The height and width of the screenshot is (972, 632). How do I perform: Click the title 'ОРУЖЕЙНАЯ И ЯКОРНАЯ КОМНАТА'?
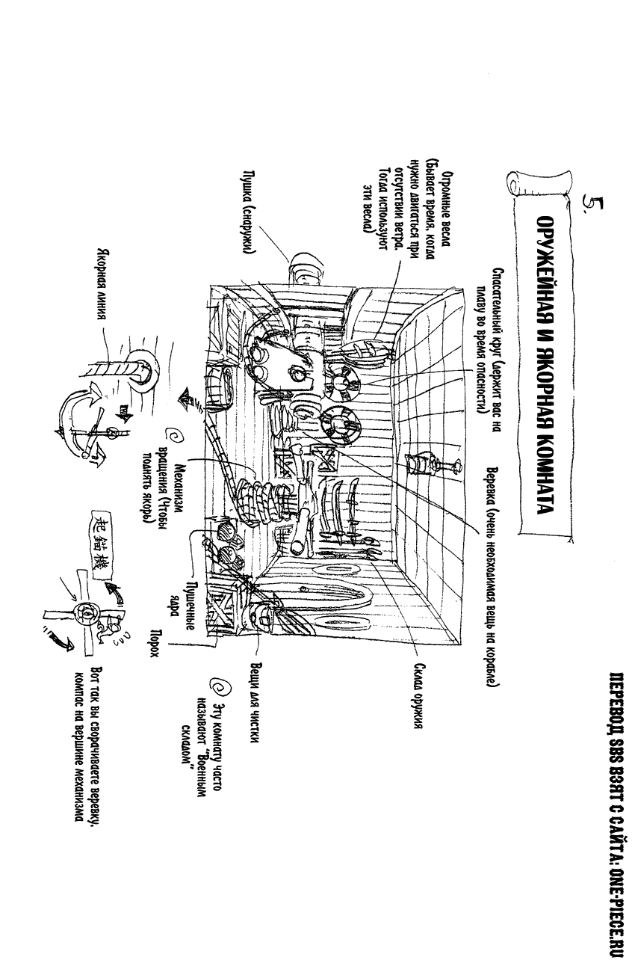pos(549,366)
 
